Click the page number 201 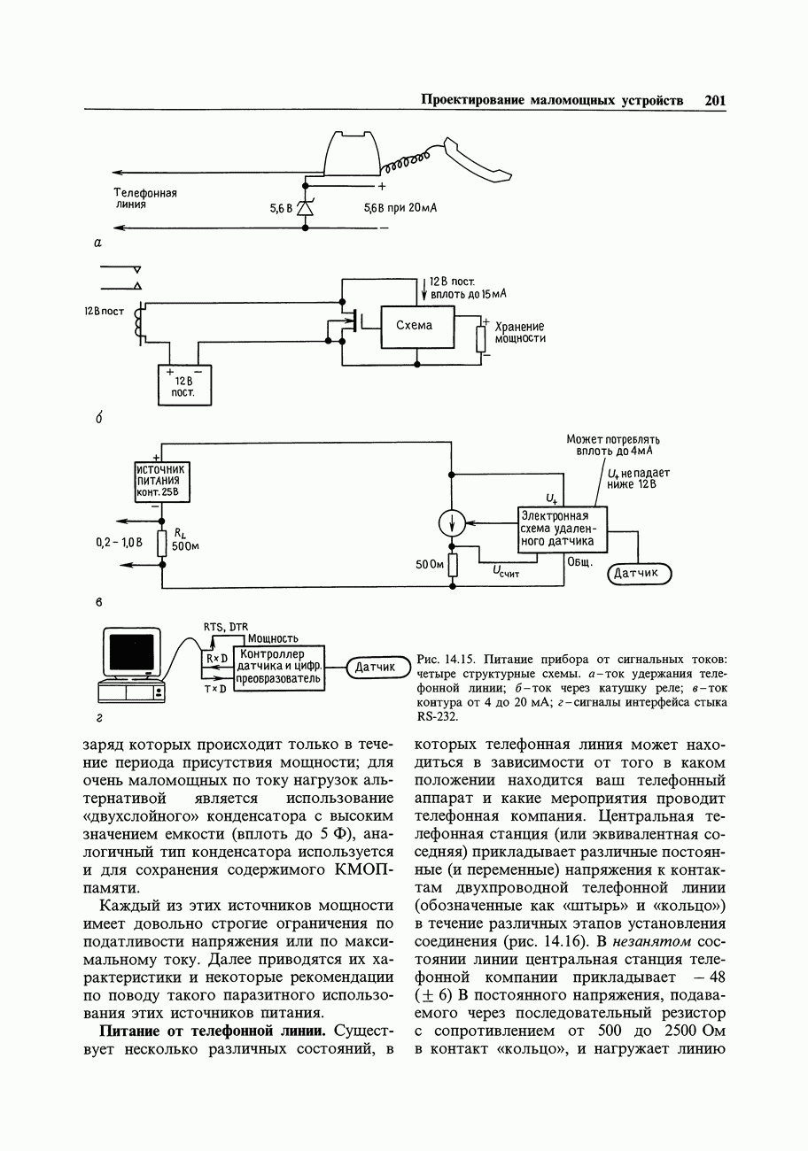716,100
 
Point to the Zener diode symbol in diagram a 305,208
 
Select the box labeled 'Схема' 416,326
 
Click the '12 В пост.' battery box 184,385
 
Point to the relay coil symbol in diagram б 138,324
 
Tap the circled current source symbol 453,523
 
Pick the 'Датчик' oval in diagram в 639,574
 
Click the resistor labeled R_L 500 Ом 161,543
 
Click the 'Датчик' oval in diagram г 375,667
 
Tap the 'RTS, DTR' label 226,626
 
